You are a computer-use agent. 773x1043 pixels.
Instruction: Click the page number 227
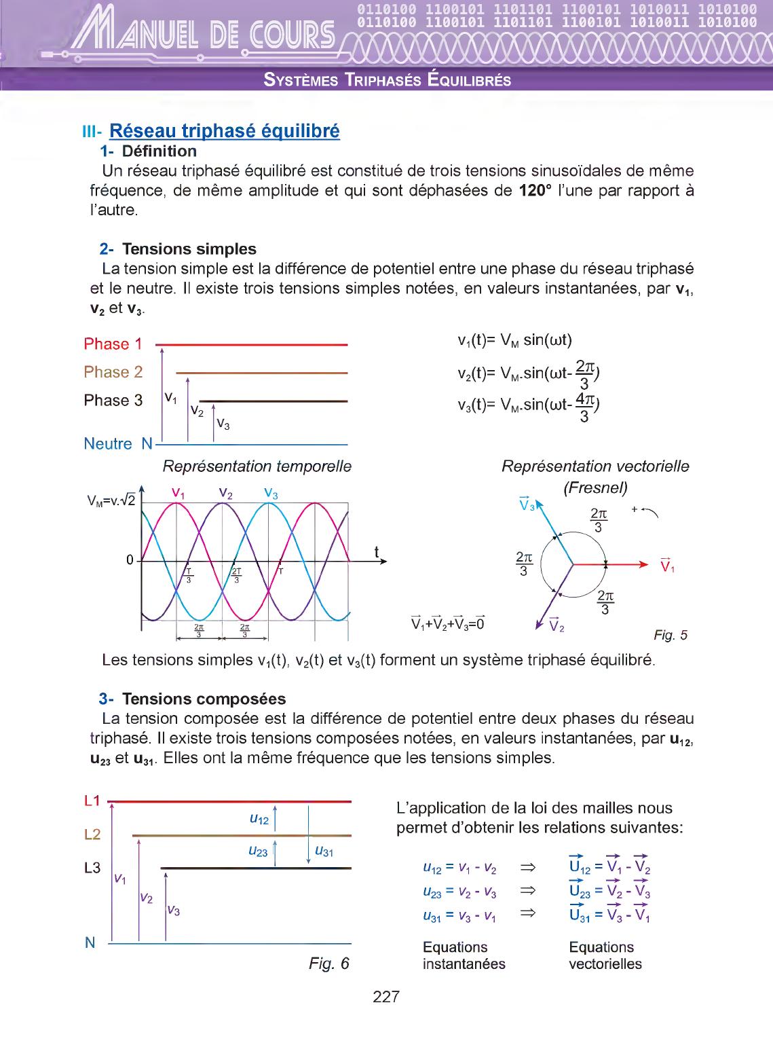(x=386, y=997)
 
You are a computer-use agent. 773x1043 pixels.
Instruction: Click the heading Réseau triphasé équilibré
(x=224, y=130)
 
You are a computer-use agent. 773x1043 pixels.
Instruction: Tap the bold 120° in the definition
(x=533, y=190)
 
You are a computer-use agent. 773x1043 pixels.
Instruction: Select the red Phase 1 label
(x=113, y=344)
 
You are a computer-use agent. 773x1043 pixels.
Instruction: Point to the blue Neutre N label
(x=118, y=444)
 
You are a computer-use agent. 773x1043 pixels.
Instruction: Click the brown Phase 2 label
(x=113, y=372)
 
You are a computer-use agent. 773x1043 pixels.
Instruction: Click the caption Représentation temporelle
(x=257, y=466)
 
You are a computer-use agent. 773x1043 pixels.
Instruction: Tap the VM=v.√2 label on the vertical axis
(x=111, y=501)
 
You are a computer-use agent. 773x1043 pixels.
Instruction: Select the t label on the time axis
(x=377, y=552)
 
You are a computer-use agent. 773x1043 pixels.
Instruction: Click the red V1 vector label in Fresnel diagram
(x=667, y=565)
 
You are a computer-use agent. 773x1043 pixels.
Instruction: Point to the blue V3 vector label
(x=527, y=504)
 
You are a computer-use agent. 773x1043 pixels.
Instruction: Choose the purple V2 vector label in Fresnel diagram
(x=557, y=625)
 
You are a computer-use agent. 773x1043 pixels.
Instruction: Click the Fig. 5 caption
(x=671, y=635)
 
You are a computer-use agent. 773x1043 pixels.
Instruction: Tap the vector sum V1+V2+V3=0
(x=448, y=622)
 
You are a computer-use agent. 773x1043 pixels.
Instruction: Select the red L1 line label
(x=92, y=801)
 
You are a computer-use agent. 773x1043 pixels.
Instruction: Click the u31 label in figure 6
(x=324, y=852)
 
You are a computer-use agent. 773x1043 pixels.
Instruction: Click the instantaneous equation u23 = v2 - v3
(x=459, y=892)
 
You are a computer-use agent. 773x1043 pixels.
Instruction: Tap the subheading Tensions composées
(x=204, y=699)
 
